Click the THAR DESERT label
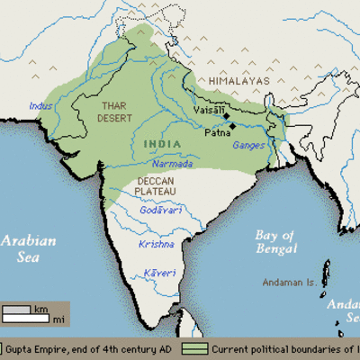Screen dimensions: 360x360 coord(113,112)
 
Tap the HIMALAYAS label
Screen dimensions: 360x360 coord(239,81)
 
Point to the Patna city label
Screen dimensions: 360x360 coord(217,134)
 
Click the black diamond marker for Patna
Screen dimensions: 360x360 coord(233,126)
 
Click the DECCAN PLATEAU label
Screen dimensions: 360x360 coord(159,187)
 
